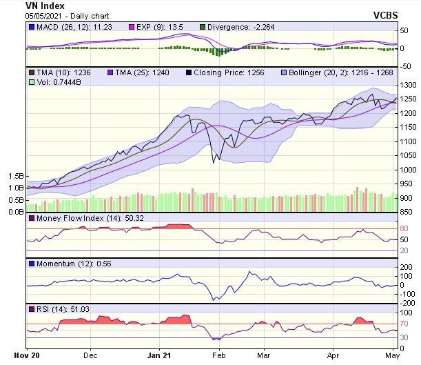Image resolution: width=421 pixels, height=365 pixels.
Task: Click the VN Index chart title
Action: click(26, 6)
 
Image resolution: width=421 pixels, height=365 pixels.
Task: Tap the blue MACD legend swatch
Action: click(31, 27)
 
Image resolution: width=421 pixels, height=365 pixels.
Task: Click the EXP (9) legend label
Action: click(147, 27)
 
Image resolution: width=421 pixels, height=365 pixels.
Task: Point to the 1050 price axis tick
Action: click(407, 155)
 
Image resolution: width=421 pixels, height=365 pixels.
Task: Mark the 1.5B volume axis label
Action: click(16, 177)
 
